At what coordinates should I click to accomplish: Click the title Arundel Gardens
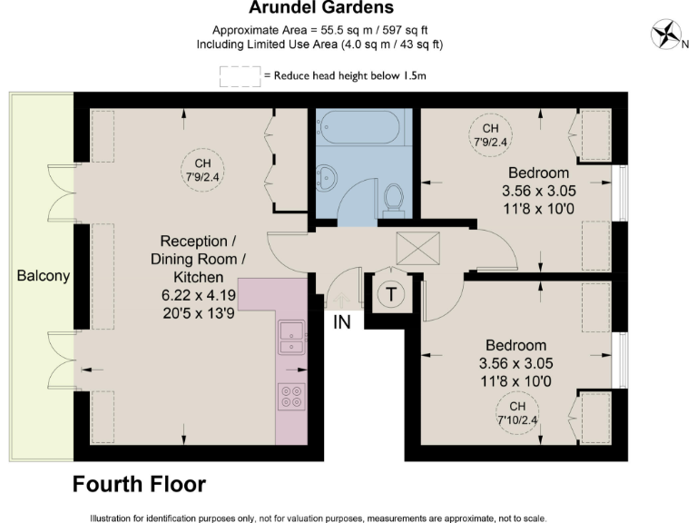pos(322,9)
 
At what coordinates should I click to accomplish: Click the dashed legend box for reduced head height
pos(240,76)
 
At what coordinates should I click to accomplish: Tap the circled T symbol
pos(391,294)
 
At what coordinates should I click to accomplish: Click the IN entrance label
pos(342,321)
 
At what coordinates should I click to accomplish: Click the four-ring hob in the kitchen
pos(292,396)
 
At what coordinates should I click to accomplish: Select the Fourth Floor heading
pos(139,484)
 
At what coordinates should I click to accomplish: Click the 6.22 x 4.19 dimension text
pos(199,296)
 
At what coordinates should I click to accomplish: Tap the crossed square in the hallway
pos(418,246)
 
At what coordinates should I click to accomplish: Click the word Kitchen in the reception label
pos(199,276)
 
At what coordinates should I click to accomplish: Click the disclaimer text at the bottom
pos(318,518)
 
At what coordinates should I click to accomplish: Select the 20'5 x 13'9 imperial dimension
pos(199,313)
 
